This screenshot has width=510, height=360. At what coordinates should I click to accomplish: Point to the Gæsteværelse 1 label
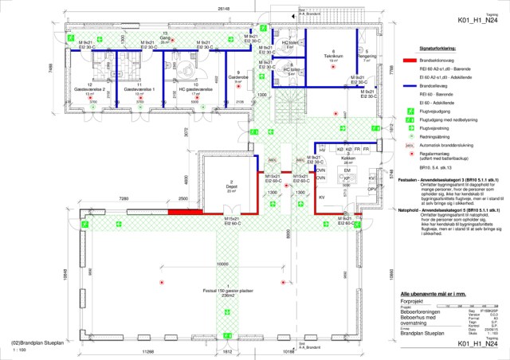pos(139,90)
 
